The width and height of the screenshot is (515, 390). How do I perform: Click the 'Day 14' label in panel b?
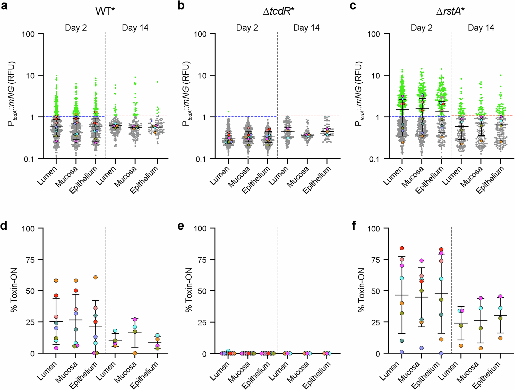[306, 28]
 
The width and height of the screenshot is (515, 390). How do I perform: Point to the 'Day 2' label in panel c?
[422, 28]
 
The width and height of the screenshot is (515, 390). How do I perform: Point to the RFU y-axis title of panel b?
[186, 94]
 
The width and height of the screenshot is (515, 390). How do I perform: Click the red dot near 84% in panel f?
[402, 248]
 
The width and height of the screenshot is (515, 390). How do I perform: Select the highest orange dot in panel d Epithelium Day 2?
[96, 277]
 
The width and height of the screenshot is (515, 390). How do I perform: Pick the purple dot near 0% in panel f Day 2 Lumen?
[402, 352]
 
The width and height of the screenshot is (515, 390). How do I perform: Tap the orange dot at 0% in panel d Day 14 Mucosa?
[135, 353]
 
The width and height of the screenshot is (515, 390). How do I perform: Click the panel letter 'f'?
[354, 226]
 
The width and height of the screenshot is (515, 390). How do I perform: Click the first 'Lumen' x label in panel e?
[220, 371]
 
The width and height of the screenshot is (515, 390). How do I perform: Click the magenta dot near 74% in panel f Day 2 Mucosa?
[422, 261]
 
